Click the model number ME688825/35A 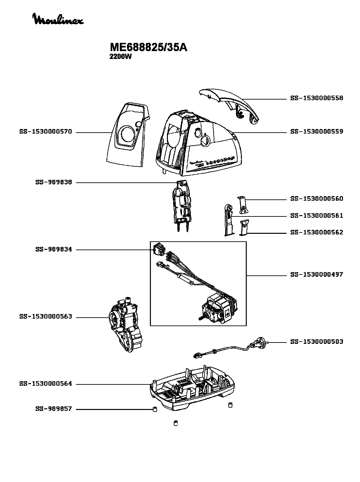(x=148, y=47)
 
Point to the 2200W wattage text (x=120, y=56)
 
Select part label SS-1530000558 (x=316, y=98)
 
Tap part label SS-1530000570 (x=45, y=132)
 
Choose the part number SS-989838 (x=53, y=182)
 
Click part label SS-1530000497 (x=316, y=274)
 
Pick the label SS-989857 (x=53, y=409)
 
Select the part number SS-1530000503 (x=316, y=342)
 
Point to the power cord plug (x=259, y=344)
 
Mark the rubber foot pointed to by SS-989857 (x=155, y=409)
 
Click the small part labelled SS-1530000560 (x=242, y=205)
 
